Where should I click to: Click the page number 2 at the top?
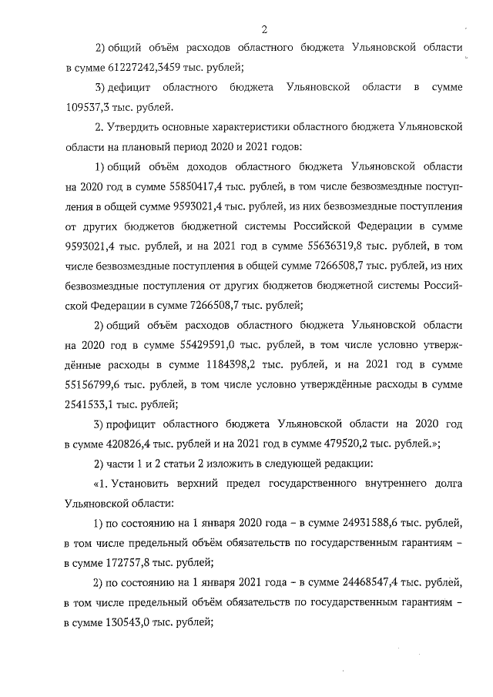coord(263,30)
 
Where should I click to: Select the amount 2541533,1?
coord(91,403)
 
